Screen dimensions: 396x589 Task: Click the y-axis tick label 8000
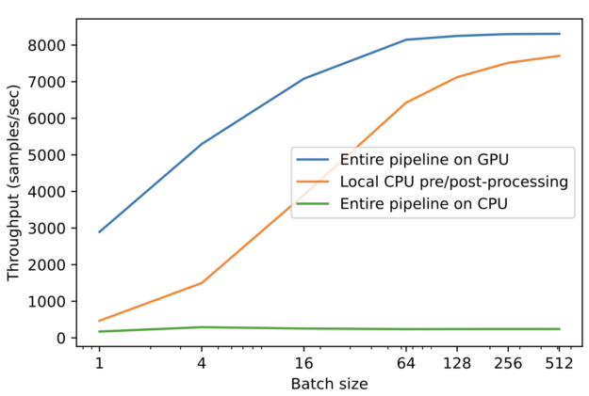pos(47,45)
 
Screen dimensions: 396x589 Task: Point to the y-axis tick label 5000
pos(47,155)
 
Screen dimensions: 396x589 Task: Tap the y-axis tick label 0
pos(60,338)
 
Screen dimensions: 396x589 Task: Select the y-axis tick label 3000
pos(47,229)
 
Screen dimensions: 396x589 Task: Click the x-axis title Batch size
pos(329,384)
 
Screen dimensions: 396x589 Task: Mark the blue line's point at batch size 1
pos(99,231)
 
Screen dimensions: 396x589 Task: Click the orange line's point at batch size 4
pos(202,282)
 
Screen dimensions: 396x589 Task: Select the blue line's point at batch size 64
pos(406,40)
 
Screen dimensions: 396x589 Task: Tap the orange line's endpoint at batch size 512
pos(560,55)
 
